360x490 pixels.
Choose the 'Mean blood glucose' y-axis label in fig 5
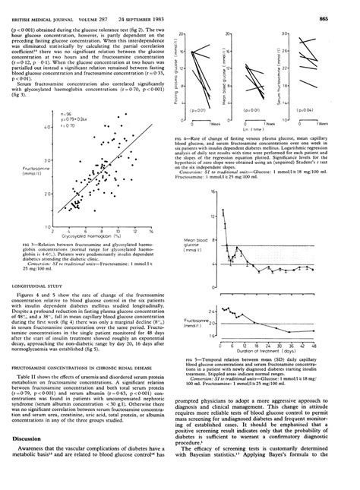coord(197,248)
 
